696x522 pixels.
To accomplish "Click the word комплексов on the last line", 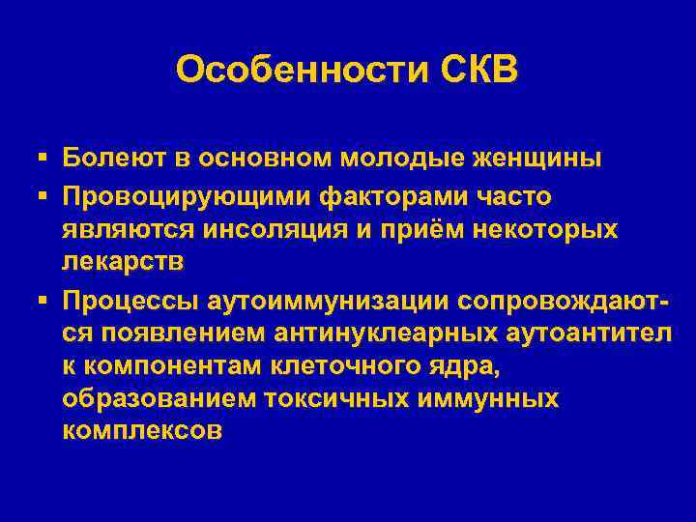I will tap(141, 431).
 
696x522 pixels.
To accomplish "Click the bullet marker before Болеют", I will tap(43, 158).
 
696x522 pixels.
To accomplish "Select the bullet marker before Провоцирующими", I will tap(43, 196).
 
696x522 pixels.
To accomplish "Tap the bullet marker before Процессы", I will tap(43, 301).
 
